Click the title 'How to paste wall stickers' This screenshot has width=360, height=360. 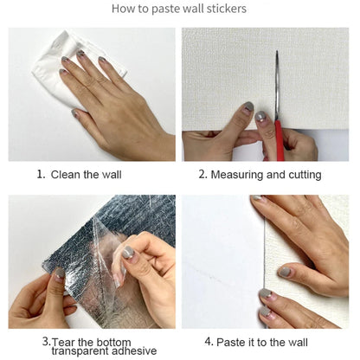pyautogui.click(x=179, y=9)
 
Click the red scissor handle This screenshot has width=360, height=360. pyautogui.click(x=280, y=140)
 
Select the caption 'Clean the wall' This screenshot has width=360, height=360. pyautogui.click(x=86, y=175)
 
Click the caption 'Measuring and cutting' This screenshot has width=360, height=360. pyautogui.click(x=266, y=175)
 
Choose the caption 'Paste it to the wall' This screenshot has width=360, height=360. pyautogui.click(x=262, y=343)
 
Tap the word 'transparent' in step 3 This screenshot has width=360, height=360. pyautogui.click(x=80, y=351)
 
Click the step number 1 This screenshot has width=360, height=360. pyautogui.click(x=42, y=174)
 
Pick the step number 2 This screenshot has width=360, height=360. pyautogui.click(x=202, y=174)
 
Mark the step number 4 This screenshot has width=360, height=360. pyautogui.click(x=209, y=342)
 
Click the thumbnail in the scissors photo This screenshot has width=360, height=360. pyautogui.click(x=247, y=106)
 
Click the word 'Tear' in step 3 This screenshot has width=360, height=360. pyautogui.click(x=64, y=342)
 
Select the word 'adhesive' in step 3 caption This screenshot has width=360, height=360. pyautogui.click(x=134, y=350)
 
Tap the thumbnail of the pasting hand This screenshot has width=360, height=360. pyautogui.click(x=285, y=272)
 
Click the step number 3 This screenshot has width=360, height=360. pyautogui.click(x=47, y=341)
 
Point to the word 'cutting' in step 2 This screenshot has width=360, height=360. pyautogui.click(x=305, y=175)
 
